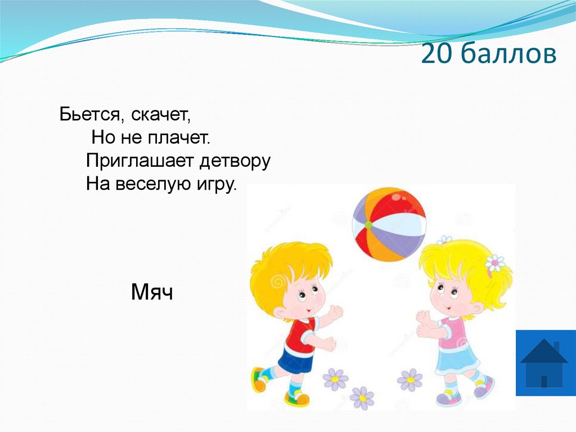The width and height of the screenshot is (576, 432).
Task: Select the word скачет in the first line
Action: [161, 115]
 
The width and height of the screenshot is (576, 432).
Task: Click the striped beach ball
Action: [389, 224]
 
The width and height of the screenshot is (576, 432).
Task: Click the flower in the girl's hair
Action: [494, 262]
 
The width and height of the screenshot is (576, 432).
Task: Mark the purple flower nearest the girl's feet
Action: [409, 380]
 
